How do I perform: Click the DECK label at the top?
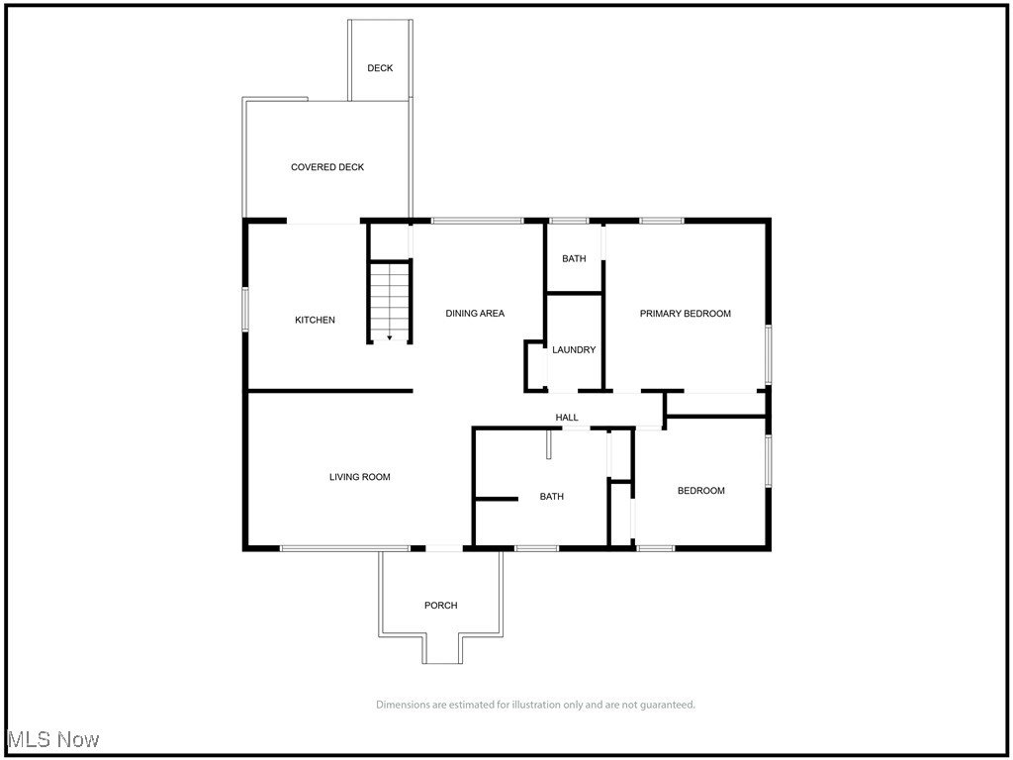380,68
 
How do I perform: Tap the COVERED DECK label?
327,167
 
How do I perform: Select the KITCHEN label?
315,320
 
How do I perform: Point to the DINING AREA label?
475,314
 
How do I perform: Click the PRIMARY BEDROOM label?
685,314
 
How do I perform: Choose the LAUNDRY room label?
574,349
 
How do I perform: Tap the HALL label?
567,418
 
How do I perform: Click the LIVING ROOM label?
359,477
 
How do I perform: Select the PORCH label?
441,606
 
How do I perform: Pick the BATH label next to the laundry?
574,258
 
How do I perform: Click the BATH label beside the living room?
551,497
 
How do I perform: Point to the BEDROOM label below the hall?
700,491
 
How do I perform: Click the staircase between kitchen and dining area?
390,297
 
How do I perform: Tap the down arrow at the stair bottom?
390,337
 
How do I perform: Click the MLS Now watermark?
53,739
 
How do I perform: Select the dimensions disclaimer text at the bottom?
535,705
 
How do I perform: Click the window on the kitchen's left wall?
245,308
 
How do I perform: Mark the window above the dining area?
477,221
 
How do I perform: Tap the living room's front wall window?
344,547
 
